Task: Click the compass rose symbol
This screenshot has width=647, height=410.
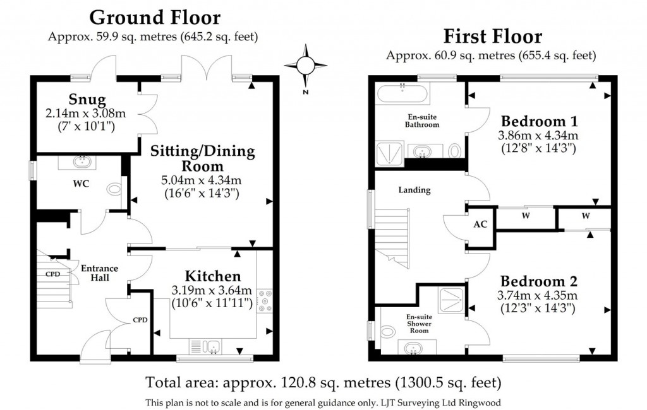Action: pyautogui.click(x=305, y=65)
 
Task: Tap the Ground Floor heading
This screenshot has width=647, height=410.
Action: pyautogui.click(x=155, y=18)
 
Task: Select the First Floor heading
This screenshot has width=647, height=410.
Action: pyautogui.click(x=493, y=36)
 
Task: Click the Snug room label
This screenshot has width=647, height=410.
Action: pyautogui.click(x=87, y=99)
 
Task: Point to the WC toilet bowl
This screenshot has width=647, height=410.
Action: pyautogui.click(x=114, y=190)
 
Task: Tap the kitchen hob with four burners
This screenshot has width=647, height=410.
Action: pyautogui.click(x=264, y=301)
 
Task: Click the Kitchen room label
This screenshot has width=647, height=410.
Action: pyautogui.click(x=213, y=276)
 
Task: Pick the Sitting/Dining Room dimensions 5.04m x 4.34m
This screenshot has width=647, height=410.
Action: pyautogui.click(x=202, y=180)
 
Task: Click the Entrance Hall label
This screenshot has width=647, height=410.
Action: pyautogui.click(x=99, y=272)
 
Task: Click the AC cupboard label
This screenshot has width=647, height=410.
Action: pyautogui.click(x=480, y=224)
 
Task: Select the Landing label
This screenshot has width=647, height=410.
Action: pyautogui.click(x=414, y=190)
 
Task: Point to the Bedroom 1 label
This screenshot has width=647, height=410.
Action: pyautogui.click(x=540, y=121)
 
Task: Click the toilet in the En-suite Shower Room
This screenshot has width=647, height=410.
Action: pyautogui.click(x=387, y=331)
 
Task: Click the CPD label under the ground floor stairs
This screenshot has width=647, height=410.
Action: pyautogui.click(x=53, y=274)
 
